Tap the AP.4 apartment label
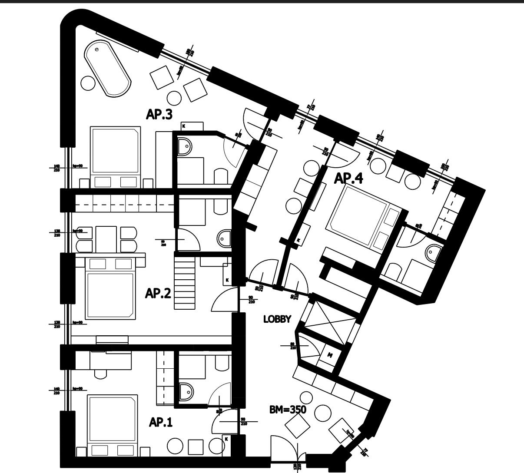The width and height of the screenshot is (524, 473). (348, 178)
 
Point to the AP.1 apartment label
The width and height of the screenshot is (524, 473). (161, 422)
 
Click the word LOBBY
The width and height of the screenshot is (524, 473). (277, 319)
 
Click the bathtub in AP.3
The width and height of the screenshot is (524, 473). (108, 69)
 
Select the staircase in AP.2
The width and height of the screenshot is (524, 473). (185, 282)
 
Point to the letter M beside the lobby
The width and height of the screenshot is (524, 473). (330, 355)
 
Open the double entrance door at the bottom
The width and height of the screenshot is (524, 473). (284, 452)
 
